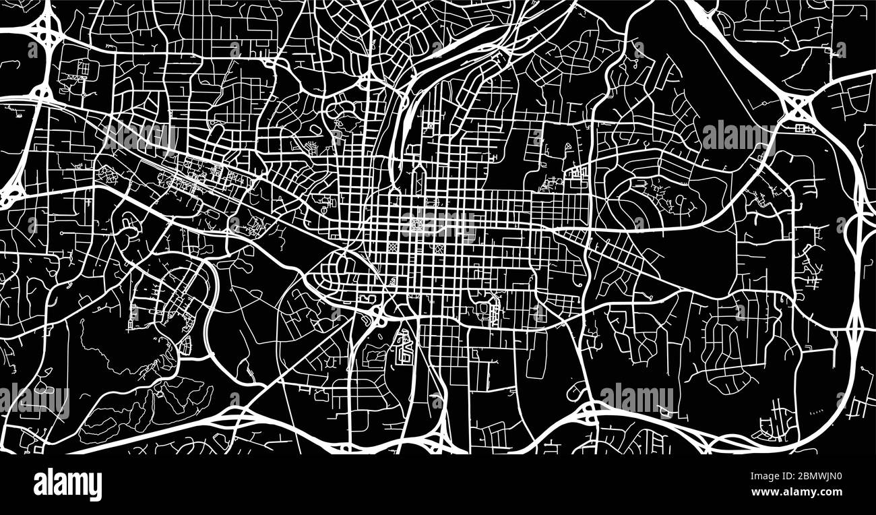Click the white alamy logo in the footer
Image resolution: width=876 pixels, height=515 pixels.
67,484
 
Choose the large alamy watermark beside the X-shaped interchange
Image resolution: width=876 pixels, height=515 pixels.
738,137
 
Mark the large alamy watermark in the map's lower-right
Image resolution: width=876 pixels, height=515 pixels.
636,399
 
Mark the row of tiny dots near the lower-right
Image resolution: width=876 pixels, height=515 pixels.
815,411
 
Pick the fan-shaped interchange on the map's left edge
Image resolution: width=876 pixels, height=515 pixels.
10,195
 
